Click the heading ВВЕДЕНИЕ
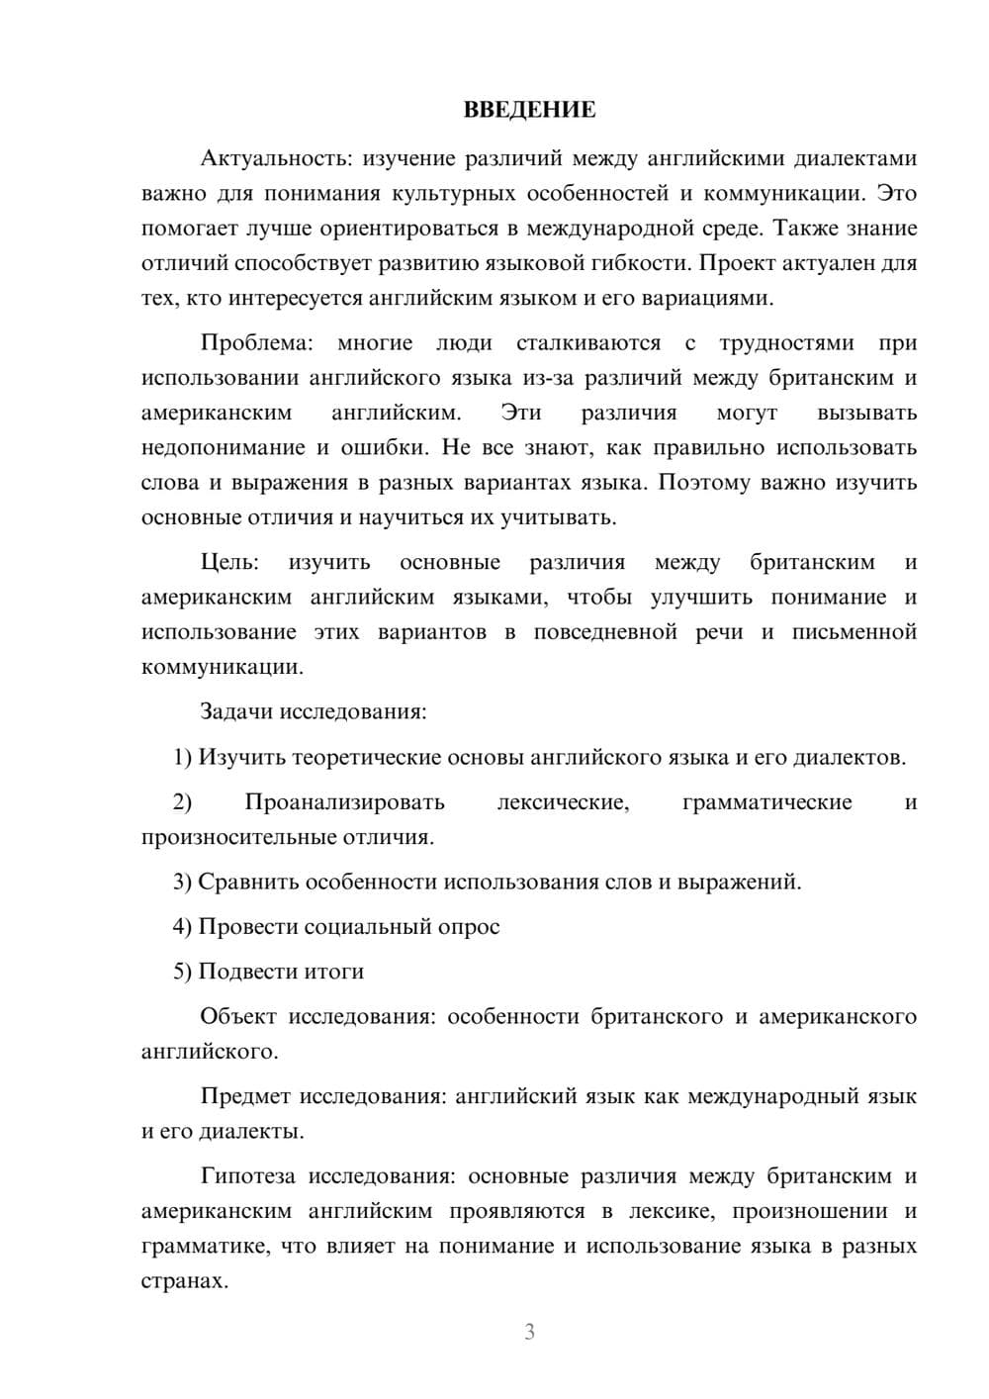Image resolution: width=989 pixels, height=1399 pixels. point(529,110)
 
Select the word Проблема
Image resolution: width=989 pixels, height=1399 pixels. point(256,343)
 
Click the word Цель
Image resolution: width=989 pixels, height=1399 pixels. point(229,563)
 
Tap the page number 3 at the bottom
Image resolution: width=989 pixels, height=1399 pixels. point(529,1333)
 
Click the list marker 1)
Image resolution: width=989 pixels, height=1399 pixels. point(183,758)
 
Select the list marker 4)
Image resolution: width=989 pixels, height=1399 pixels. point(183,927)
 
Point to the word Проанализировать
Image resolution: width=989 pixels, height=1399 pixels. point(345,802)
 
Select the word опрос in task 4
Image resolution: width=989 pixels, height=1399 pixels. point(470,927)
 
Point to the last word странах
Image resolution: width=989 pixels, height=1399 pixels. point(184,1281)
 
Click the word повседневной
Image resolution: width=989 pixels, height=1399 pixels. point(605,632)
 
